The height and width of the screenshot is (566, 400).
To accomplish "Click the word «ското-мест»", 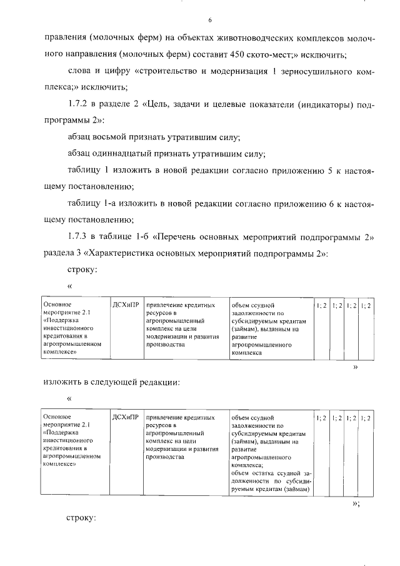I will (294, 54).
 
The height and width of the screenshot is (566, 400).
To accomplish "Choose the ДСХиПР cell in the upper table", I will (126, 305).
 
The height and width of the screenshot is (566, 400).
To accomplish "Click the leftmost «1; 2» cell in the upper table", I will (322, 305).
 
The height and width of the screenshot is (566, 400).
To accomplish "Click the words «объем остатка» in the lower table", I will (252, 474).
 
